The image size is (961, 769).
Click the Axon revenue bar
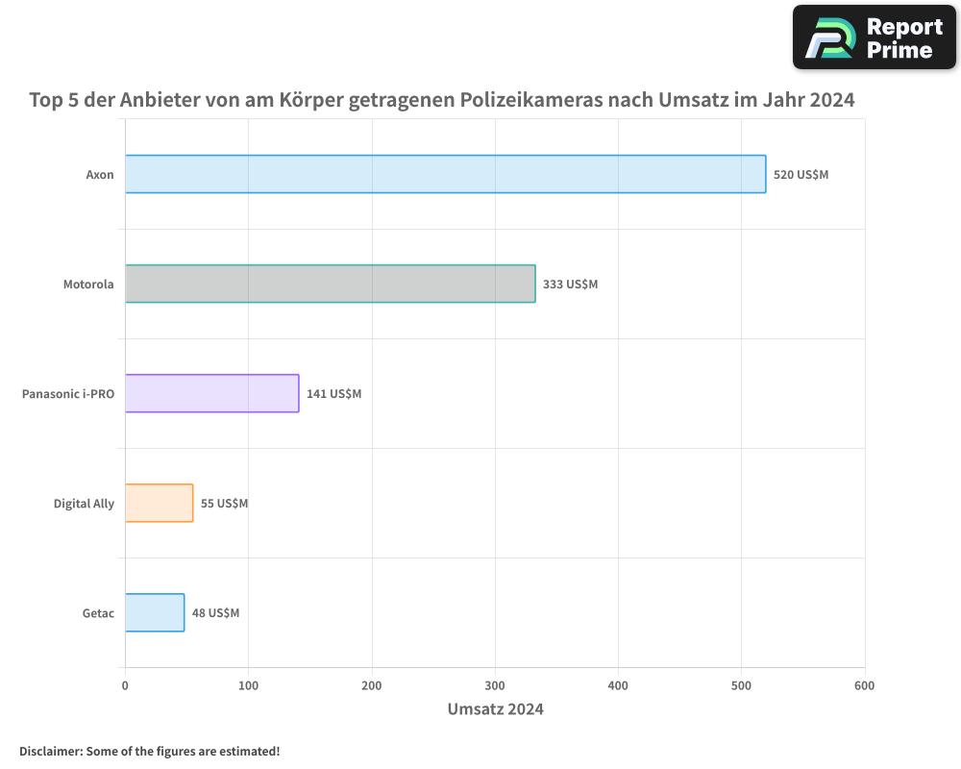click(x=445, y=174)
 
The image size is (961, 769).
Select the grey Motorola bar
click(x=330, y=284)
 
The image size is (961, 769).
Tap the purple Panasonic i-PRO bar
click(x=211, y=393)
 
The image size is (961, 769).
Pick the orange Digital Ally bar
click(x=159, y=503)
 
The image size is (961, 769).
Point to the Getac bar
click(x=154, y=612)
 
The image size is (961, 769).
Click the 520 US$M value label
click(x=801, y=175)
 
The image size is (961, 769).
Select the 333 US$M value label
click(x=570, y=285)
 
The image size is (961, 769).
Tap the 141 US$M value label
click(x=333, y=394)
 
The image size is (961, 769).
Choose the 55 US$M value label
click(x=224, y=504)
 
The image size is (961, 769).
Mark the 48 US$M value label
click(x=215, y=613)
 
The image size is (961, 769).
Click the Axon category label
click(x=100, y=175)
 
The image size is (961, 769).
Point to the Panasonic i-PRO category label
click(x=68, y=394)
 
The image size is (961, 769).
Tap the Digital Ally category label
click(x=84, y=504)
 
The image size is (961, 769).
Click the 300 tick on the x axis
click(x=495, y=685)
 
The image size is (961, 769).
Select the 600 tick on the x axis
click(x=864, y=685)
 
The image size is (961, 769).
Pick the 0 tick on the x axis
click(x=125, y=685)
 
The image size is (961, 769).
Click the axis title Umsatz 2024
click(x=495, y=709)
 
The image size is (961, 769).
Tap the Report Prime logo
click(x=875, y=37)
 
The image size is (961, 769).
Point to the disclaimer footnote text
click(x=149, y=751)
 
